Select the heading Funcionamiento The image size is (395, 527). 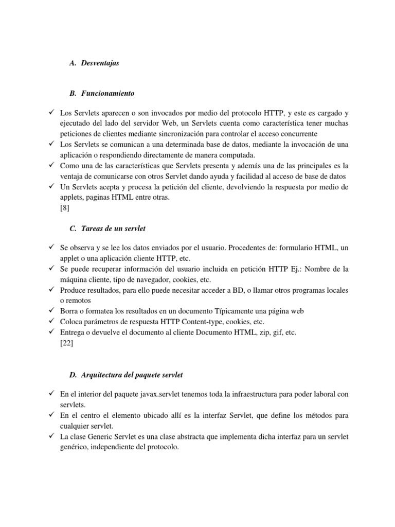pyautogui.click(x=107, y=93)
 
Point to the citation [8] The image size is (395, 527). pyautogui.click(x=65, y=208)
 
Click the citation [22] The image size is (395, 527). pyautogui.click(x=66, y=344)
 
